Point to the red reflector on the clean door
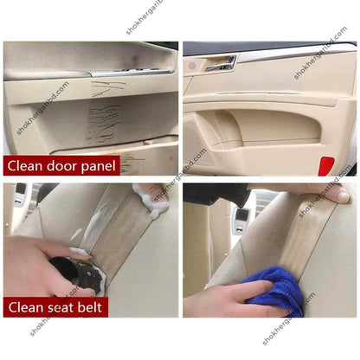pyautogui.click(x=325, y=165)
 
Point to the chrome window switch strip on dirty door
pyautogui.click(x=130, y=73)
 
